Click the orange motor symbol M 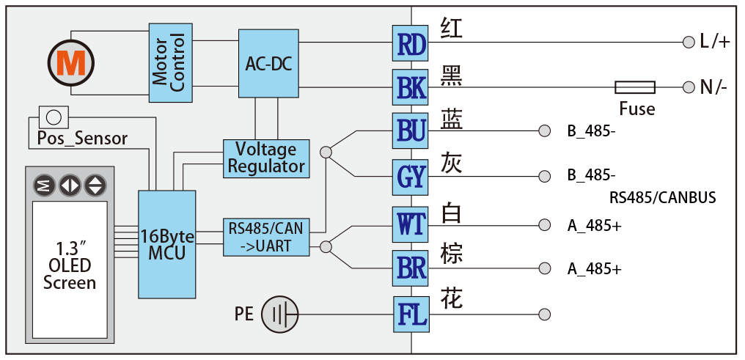71,65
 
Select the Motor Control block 169,62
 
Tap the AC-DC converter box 268,64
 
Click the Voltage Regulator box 266,158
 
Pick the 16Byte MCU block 168,244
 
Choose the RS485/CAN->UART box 265,237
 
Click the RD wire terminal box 411,43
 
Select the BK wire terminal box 411,87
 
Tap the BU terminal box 411,131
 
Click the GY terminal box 411,177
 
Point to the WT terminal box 411,224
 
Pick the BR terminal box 411,268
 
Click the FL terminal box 411,315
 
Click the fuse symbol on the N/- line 634,88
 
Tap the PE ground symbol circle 279,315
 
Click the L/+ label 714,43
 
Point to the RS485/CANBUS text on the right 662,198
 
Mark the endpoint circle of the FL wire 544,315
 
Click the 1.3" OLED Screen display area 70,264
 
